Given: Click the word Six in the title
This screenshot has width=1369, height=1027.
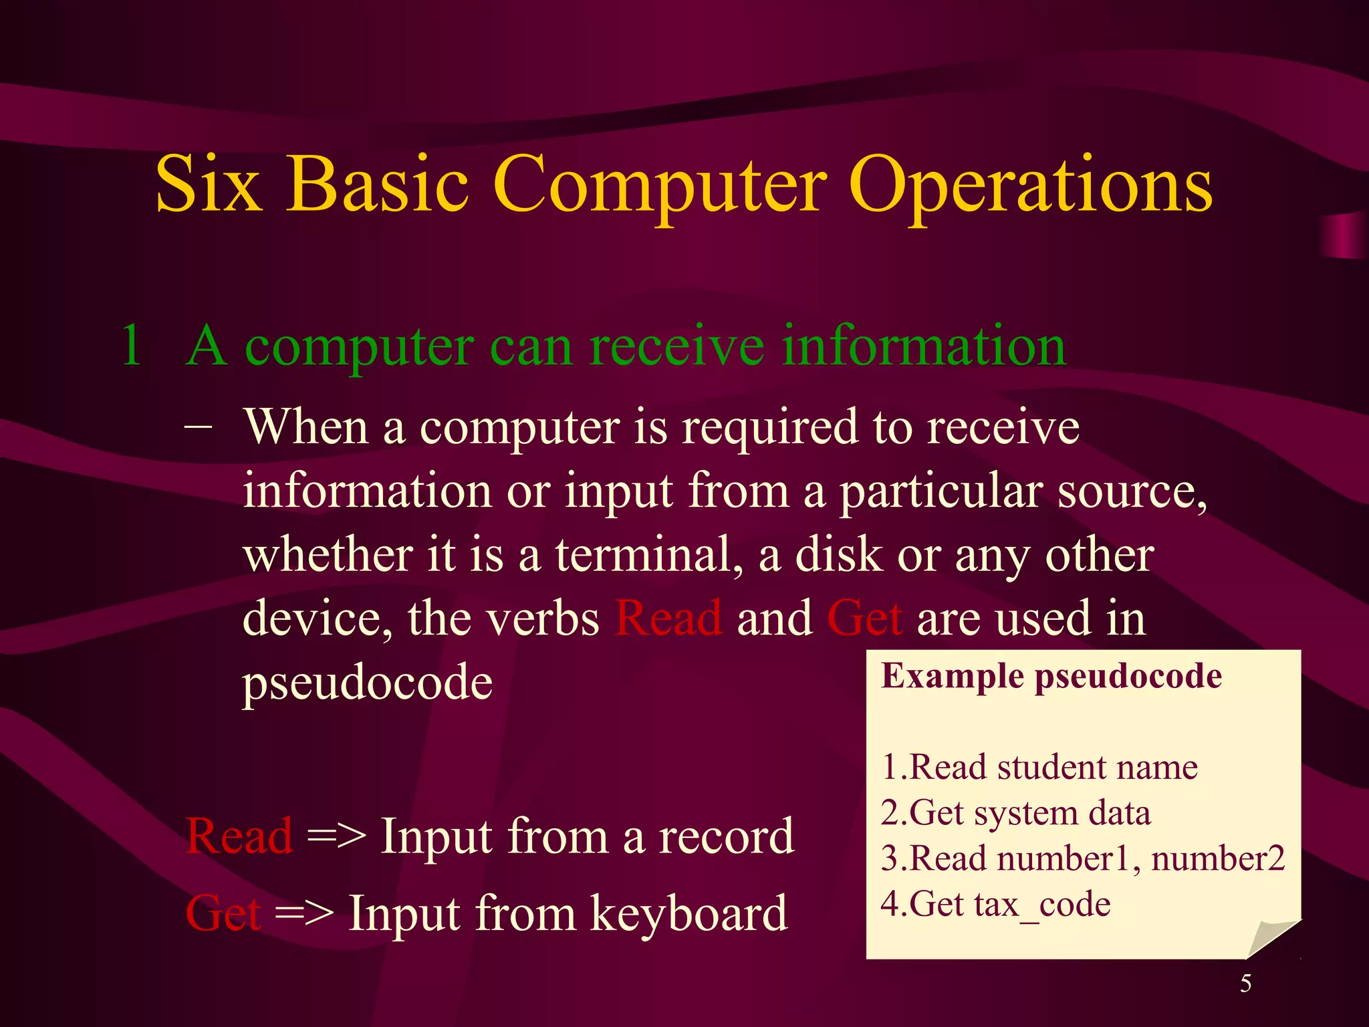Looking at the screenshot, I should pyautogui.click(x=207, y=184).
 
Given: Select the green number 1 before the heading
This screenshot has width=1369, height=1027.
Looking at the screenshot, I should pyautogui.click(x=132, y=346).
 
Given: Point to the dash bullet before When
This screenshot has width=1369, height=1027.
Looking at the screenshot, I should pyautogui.click(x=199, y=426).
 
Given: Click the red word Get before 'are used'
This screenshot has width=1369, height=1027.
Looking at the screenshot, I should pyautogui.click(x=865, y=618).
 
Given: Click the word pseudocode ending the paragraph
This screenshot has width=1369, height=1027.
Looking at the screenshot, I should pyautogui.click(x=368, y=683).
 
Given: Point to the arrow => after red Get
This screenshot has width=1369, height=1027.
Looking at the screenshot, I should pyautogui.click(x=304, y=913).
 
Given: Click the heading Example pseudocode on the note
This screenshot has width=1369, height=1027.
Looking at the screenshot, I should pyautogui.click(x=1051, y=676).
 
